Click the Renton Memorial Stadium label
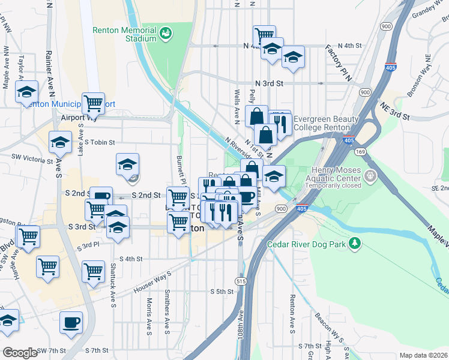[x=124, y=34]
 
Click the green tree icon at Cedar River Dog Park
[x=356, y=243]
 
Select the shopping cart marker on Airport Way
[x=93, y=104]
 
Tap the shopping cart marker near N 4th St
[x=264, y=35]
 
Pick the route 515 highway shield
[x=241, y=281]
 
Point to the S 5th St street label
[x=221, y=291]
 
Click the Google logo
[x=20, y=353]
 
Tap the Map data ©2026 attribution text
[x=423, y=355]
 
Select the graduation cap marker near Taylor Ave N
[x=26, y=92]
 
